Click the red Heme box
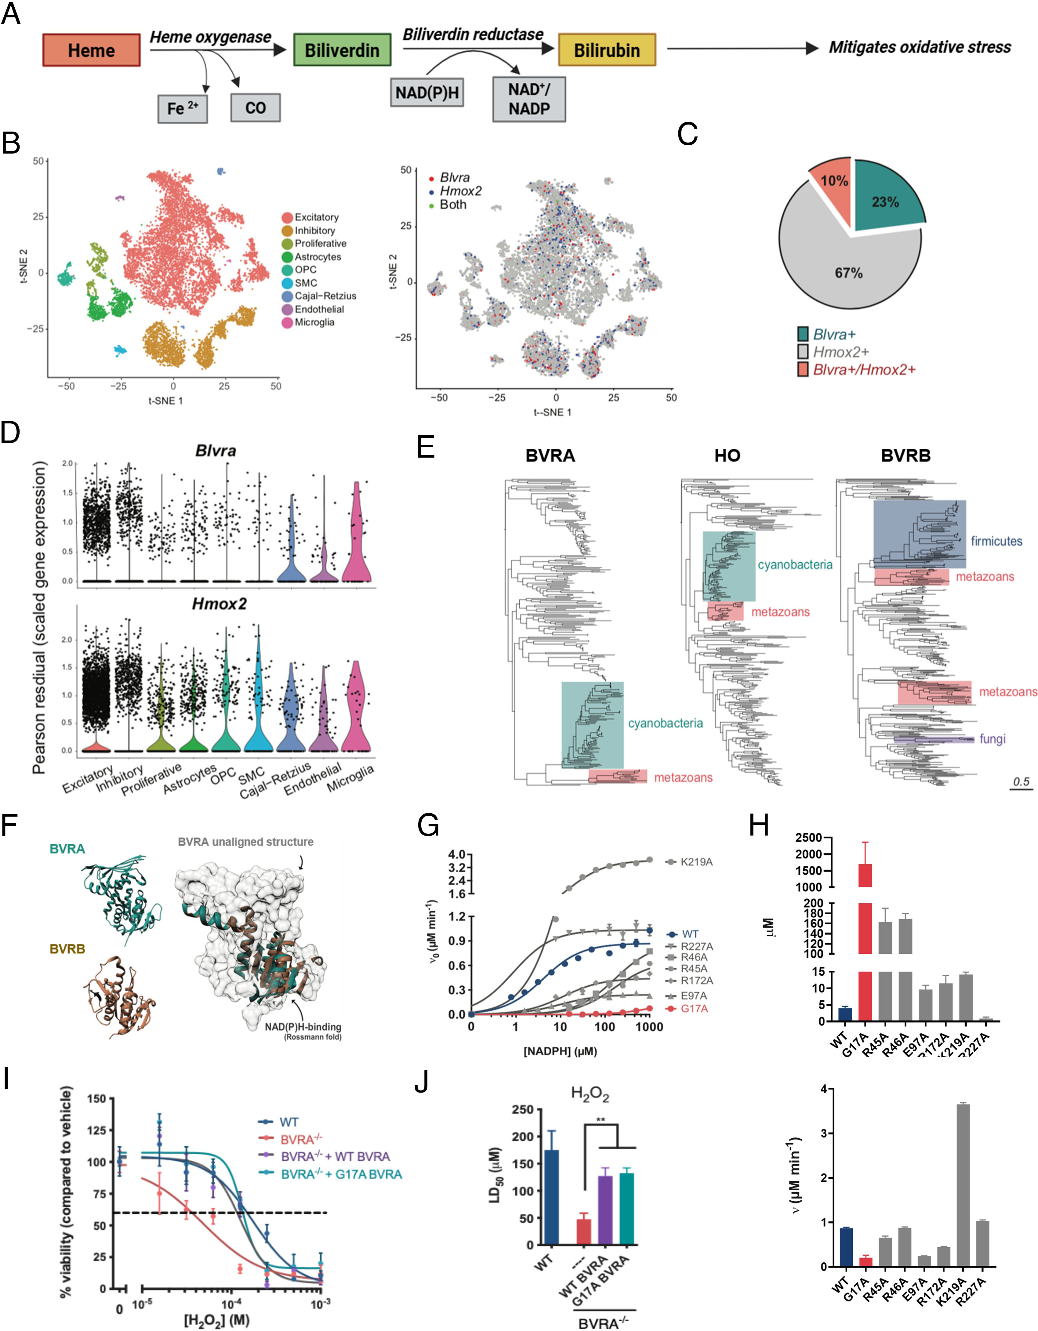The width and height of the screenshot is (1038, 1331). [91, 50]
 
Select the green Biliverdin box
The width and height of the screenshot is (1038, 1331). [342, 50]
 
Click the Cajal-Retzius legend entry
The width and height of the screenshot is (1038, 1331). [325, 296]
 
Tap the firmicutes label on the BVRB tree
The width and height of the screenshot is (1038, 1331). [996, 541]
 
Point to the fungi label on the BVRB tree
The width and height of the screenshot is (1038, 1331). [992, 739]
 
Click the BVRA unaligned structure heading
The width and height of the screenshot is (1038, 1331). [246, 842]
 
